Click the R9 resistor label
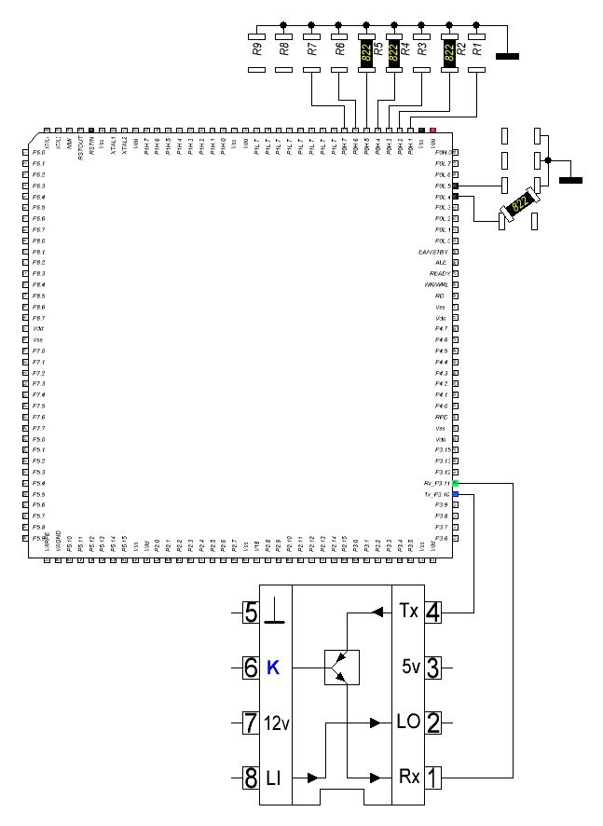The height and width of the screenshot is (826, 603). point(256,48)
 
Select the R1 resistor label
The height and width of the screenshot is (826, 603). point(477,48)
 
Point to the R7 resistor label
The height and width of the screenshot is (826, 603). point(311,48)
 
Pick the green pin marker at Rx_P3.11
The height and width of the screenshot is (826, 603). point(456,483)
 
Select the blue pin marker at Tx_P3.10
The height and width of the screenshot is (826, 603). point(456,494)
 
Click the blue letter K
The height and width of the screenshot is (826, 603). point(273,668)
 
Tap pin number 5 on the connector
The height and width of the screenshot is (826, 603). point(250,613)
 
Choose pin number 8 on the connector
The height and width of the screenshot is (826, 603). point(250,777)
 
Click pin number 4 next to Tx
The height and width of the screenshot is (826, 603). point(433,613)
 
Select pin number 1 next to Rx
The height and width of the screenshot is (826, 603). point(433,777)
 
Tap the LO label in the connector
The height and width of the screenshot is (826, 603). point(408,723)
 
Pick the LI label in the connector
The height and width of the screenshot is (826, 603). point(274,777)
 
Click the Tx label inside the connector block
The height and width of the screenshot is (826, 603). point(408,613)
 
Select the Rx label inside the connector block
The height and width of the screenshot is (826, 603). point(408,777)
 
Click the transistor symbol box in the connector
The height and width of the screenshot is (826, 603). point(342,668)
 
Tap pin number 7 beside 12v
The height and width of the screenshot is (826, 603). point(250,723)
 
